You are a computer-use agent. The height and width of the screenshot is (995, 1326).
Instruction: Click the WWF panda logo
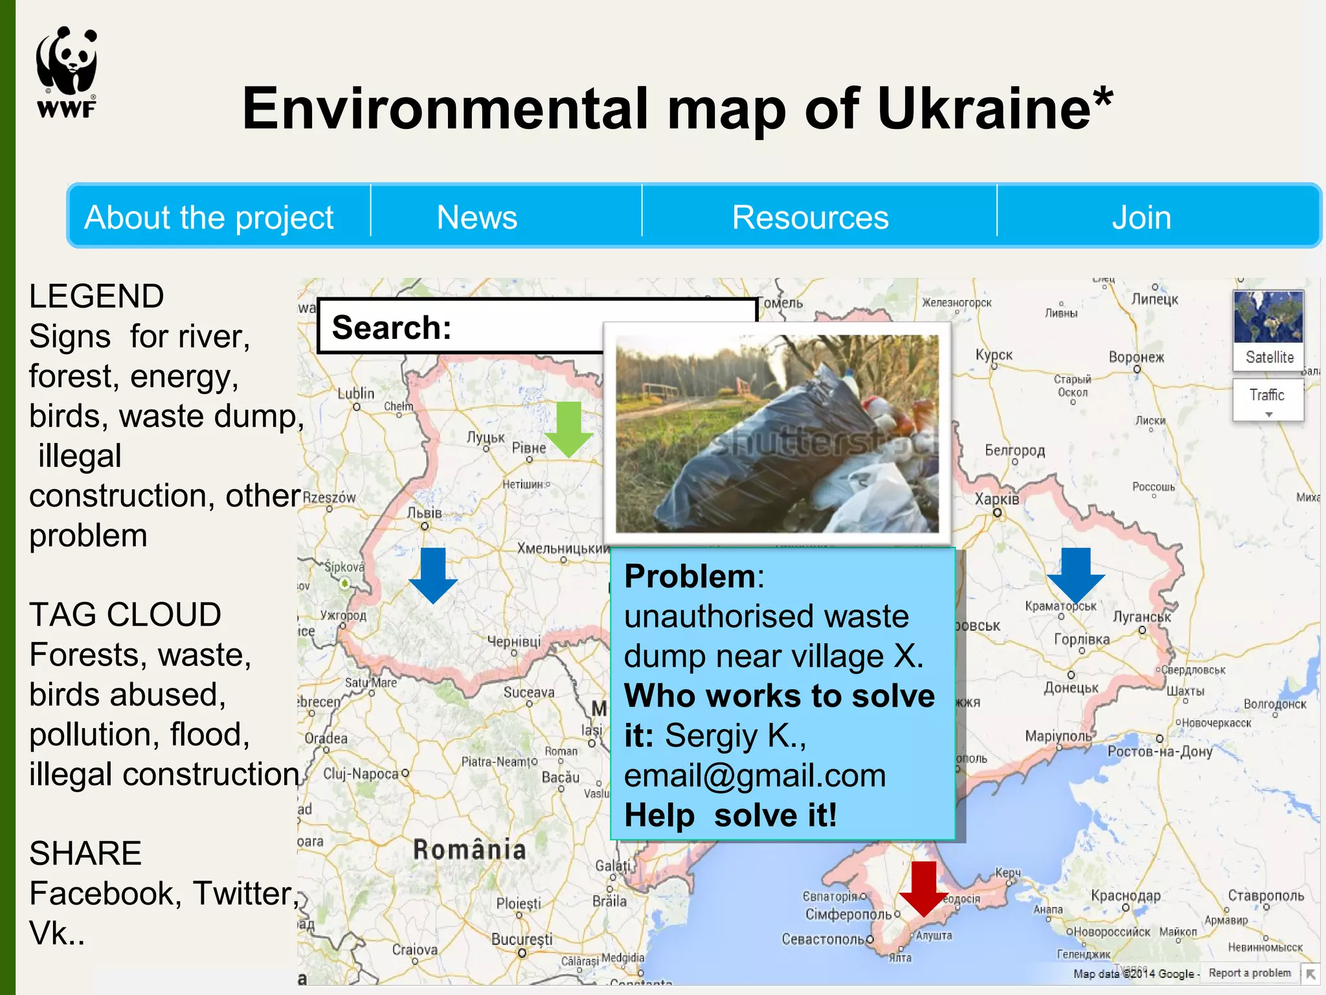[x=67, y=72]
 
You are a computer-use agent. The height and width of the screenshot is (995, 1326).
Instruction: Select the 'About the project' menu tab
[x=208, y=217]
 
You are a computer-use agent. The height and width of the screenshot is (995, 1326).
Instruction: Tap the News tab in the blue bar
[x=477, y=217]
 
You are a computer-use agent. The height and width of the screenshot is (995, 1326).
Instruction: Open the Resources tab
[x=810, y=217]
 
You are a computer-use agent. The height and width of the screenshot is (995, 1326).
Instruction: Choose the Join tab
[x=1141, y=217]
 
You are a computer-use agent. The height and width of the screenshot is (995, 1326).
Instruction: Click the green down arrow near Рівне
[x=568, y=428]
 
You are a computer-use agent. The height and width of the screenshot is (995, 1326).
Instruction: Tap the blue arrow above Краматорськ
[x=1076, y=574]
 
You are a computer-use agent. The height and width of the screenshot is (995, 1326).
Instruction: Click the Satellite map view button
[x=1268, y=330]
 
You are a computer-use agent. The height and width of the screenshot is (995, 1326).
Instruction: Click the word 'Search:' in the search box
[x=392, y=327]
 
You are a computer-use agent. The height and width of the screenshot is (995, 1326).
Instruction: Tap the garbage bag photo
[x=777, y=433]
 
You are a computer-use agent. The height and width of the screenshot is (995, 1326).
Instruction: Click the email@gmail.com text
[x=755, y=775]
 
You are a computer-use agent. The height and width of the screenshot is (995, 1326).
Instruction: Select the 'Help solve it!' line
[x=730, y=815]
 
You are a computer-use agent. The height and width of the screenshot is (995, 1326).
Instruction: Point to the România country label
[x=469, y=849]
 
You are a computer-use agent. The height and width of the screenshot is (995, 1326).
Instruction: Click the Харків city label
[x=996, y=499]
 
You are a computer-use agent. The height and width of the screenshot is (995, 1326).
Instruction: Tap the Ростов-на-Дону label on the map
[x=1160, y=751]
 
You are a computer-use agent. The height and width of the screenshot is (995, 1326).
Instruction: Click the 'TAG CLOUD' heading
[x=125, y=614]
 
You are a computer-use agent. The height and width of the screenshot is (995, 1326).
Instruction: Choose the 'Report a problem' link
[x=1250, y=972]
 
